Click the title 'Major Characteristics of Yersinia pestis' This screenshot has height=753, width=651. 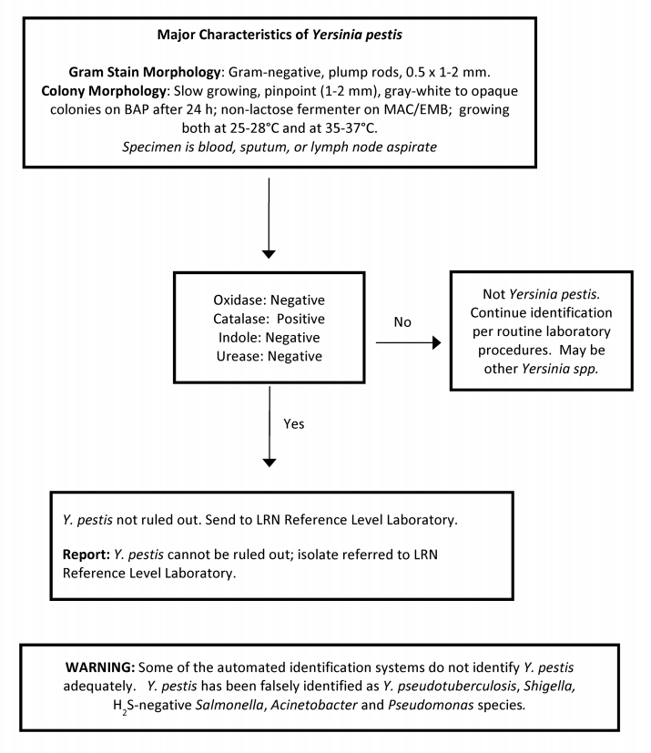[x=325, y=36]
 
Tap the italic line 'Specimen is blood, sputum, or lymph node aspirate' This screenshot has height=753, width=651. [x=325, y=147]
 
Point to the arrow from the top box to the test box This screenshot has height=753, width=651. [x=269, y=214]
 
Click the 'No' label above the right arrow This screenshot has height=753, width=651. [x=402, y=322]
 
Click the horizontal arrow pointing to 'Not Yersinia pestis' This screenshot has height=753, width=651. [x=407, y=343]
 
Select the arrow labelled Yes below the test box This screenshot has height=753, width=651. [x=269, y=428]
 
